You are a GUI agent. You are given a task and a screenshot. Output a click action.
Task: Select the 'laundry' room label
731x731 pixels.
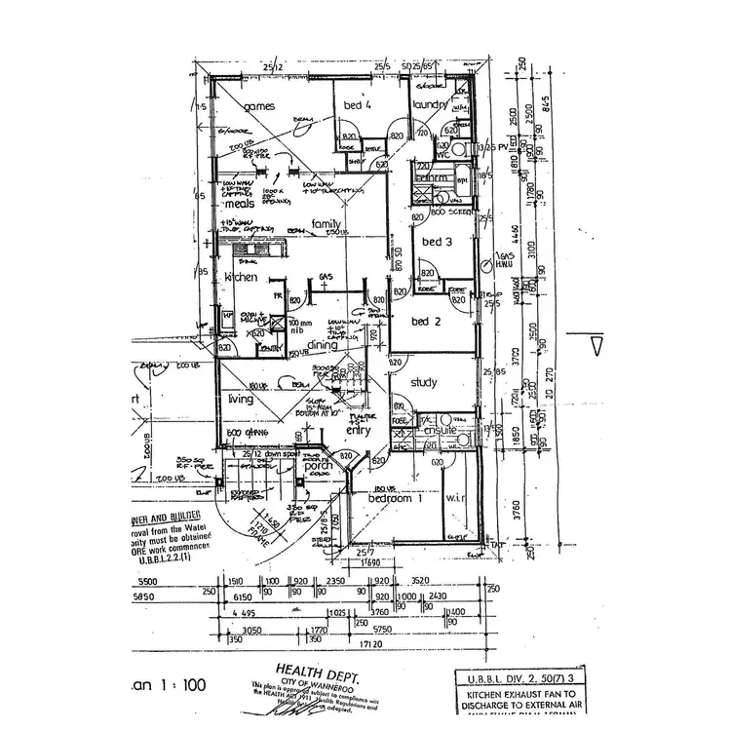[430, 104]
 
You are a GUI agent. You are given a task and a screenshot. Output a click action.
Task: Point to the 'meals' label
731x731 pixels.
[240, 205]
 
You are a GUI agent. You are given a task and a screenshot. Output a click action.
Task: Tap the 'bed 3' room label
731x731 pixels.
[434, 241]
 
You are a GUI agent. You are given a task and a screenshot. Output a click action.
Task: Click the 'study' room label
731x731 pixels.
[424, 383]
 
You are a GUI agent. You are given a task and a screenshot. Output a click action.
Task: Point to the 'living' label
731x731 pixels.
[241, 399]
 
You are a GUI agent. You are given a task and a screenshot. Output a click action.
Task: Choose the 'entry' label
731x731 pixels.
[358, 430]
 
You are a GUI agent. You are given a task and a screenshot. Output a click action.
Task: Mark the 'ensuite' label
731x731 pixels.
[430, 430]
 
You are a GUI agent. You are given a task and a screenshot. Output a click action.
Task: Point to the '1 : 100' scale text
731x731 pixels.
[185, 685]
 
